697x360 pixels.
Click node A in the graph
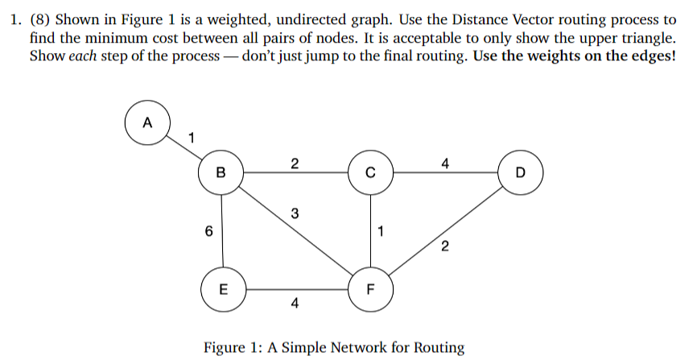click(146, 123)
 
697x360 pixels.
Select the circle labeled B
click(221, 172)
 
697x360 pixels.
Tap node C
click(370, 172)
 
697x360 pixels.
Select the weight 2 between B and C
click(295, 164)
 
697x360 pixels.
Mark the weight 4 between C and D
click(445, 164)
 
